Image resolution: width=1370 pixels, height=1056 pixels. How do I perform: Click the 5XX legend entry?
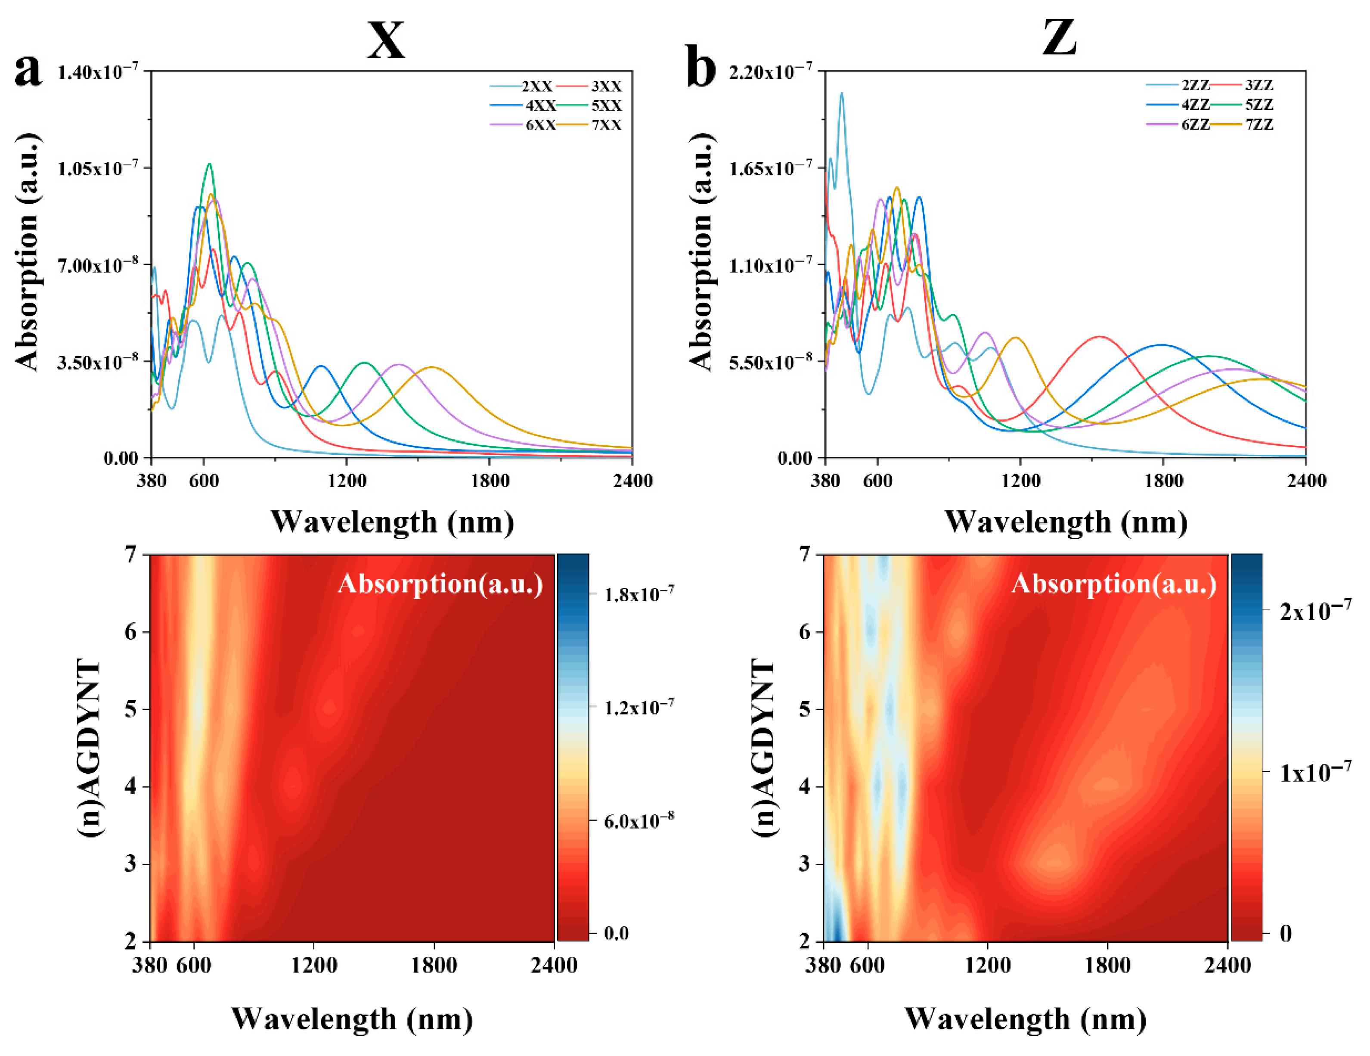click(606, 106)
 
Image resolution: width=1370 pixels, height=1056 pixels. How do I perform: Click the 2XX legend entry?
click(537, 87)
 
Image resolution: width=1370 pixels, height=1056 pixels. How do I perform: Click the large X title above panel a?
click(386, 39)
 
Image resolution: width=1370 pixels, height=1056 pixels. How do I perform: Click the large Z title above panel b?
click(1059, 37)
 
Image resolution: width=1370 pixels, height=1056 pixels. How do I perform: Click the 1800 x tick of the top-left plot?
click(490, 481)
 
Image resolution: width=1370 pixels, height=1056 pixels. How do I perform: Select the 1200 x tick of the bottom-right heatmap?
click(987, 964)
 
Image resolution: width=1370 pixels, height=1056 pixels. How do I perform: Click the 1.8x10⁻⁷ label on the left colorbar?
click(639, 593)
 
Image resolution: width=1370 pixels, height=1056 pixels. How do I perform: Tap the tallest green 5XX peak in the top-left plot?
click(210, 165)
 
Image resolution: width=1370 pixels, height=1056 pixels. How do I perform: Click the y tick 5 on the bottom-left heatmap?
click(130, 709)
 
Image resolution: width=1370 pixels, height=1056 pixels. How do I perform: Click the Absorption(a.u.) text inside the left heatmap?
click(440, 584)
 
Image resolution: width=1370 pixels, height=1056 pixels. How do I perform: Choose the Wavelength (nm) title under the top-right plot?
click(1066, 522)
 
